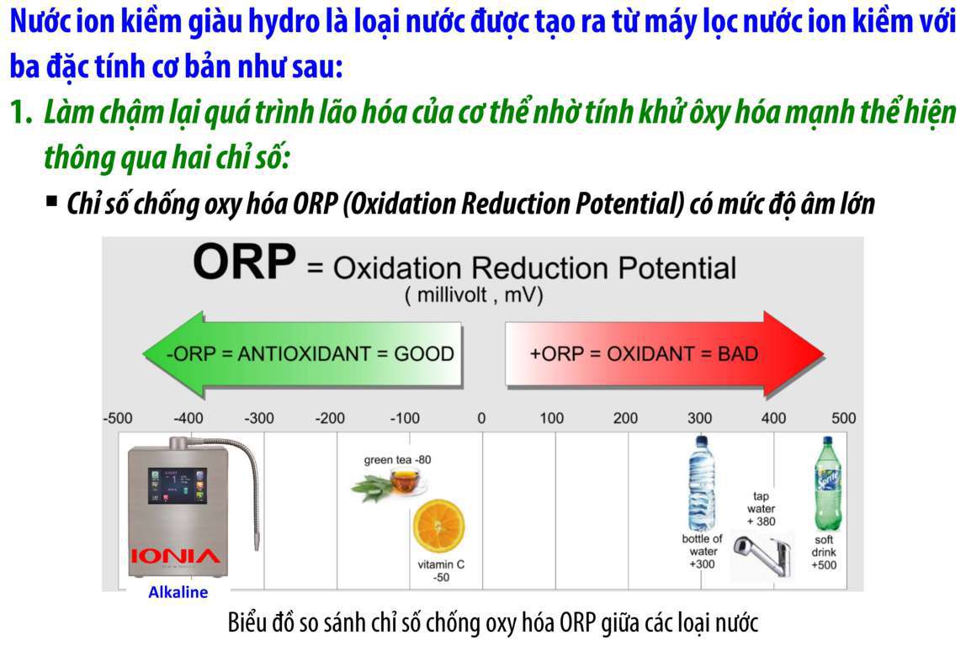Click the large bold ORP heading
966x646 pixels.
tap(245, 262)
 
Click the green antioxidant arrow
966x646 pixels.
tap(302, 354)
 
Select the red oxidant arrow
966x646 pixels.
tap(665, 354)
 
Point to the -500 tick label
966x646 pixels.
tap(118, 418)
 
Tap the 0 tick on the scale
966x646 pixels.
tap(481, 418)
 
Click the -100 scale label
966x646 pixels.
tap(405, 418)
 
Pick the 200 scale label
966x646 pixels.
tap(625, 418)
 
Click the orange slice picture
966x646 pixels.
tap(438, 526)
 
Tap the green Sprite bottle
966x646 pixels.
tap(827, 484)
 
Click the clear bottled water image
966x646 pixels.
tap(702, 484)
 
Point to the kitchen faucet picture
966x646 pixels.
tap(762, 556)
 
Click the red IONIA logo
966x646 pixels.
tap(175, 557)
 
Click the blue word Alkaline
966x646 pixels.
tap(178, 592)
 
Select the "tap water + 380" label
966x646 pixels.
tap(761, 509)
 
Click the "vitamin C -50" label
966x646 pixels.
tap(441, 571)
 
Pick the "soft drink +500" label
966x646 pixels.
tap(824, 553)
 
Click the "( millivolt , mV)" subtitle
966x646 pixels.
tap(474, 295)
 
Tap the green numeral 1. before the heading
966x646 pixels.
tap(22, 112)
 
